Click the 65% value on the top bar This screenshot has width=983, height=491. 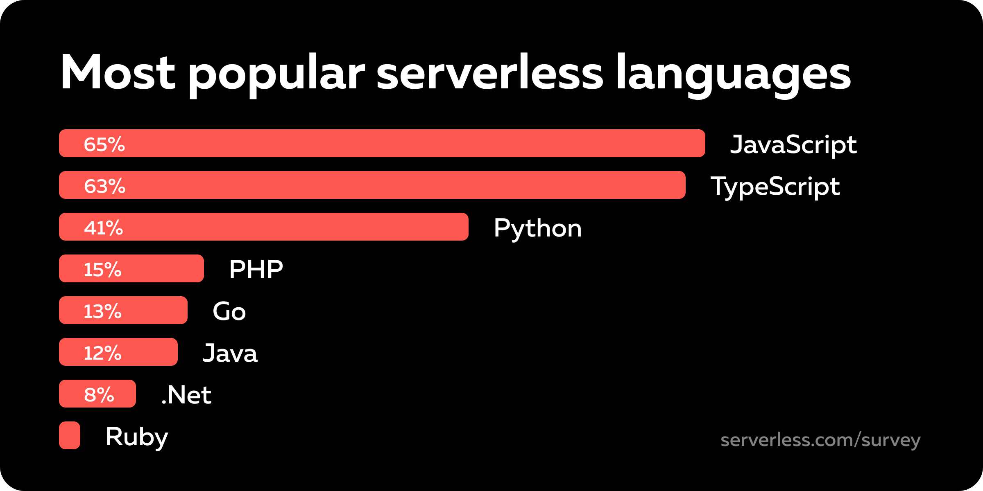click(104, 144)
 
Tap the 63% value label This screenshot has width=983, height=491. click(104, 186)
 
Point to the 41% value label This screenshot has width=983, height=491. click(103, 228)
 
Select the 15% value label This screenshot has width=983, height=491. click(102, 270)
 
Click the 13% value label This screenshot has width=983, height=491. click(102, 311)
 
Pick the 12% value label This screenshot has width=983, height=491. click(102, 353)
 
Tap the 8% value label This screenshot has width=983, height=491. click(99, 395)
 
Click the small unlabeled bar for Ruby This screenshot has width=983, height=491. click(70, 435)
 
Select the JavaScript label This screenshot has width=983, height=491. click(793, 145)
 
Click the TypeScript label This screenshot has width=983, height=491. click(775, 187)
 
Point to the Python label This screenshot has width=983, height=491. click(537, 228)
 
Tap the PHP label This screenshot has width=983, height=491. click(256, 270)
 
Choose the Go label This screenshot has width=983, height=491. click(229, 311)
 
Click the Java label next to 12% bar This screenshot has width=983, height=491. click(230, 353)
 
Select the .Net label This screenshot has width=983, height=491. click(186, 395)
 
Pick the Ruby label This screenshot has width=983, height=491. click(136, 437)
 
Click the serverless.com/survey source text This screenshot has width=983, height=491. click(820, 440)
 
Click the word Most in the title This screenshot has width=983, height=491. click(118, 73)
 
